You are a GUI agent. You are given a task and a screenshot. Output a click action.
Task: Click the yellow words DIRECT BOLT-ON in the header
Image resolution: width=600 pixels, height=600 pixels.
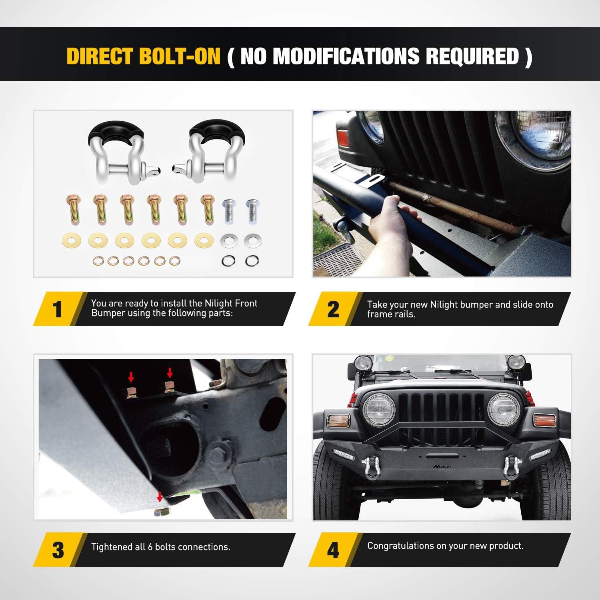[x=144, y=56]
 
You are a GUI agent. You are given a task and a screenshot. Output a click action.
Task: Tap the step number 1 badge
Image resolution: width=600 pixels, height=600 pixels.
[x=58, y=309]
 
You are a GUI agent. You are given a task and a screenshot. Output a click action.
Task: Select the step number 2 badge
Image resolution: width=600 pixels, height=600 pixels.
[x=333, y=309]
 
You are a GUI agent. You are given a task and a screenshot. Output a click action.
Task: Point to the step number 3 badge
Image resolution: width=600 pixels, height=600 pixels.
[x=58, y=550]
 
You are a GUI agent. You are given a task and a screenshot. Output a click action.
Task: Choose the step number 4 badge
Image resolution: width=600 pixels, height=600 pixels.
[x=333, y=550]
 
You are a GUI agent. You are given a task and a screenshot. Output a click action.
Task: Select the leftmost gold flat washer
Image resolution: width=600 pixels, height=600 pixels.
[x=72, y=241]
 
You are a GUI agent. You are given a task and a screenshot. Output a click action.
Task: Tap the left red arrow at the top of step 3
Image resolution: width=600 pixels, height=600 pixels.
[x=131, y=376]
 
